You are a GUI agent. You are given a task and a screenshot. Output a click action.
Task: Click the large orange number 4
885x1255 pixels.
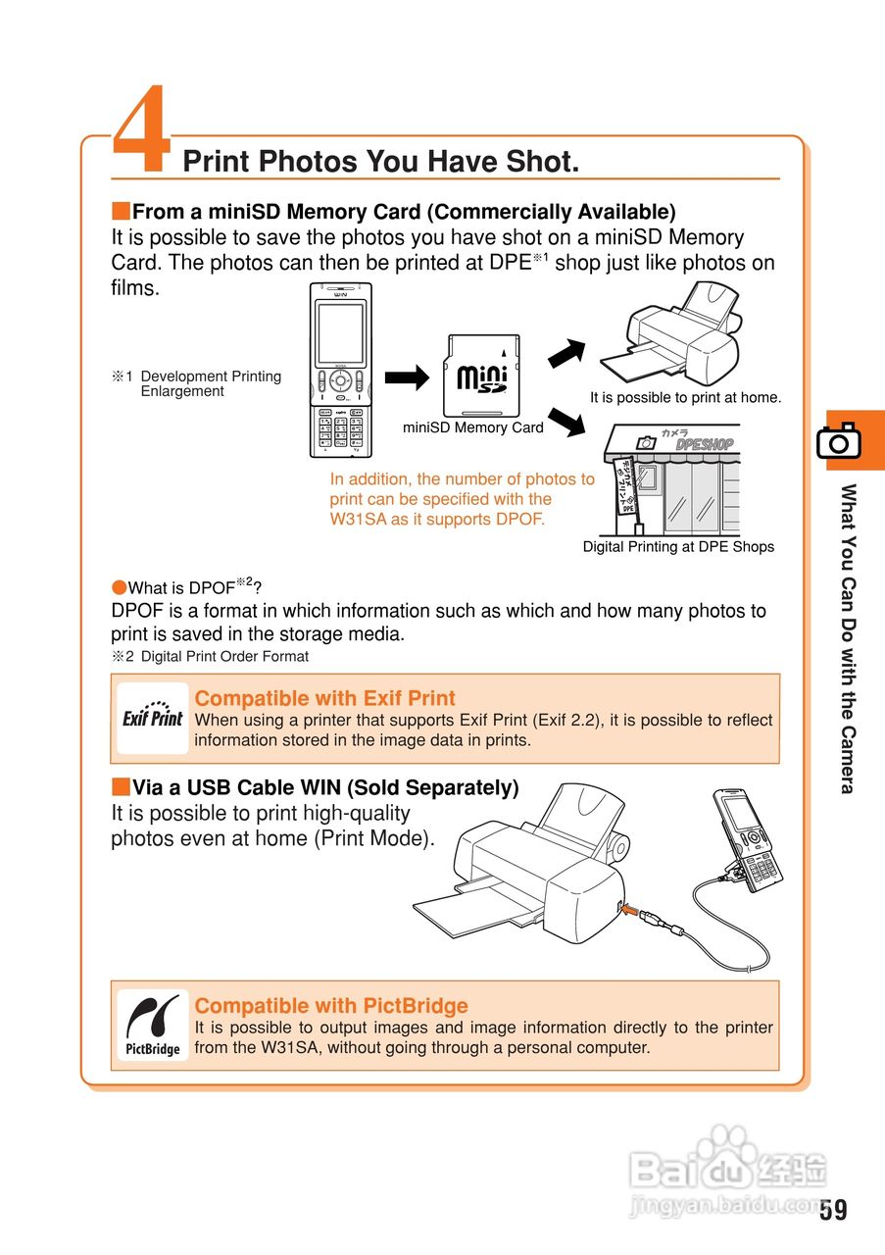pyautogui.click(x=142, y=127)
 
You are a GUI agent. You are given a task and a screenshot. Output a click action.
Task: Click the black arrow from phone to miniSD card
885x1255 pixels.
pyautogui.click(x=407, y=377)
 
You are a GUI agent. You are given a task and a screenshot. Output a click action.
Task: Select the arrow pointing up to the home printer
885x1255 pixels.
pyautogui.click(x=566, y=353)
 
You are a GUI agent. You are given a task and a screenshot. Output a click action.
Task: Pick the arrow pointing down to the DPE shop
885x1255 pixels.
pyautogui.click(x=566, y=422)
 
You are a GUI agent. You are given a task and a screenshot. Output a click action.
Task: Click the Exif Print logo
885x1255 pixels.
pyautogui.click(x=152, y=717)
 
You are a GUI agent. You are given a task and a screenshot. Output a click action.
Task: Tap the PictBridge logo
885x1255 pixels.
pyautogui.click(x=152, y=1025)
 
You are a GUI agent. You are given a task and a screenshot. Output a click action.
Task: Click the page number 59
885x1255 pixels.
pyautogui.click(x=833, y=1209)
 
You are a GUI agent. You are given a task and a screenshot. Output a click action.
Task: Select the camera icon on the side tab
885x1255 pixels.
pyautogui.click(x=839, y=440)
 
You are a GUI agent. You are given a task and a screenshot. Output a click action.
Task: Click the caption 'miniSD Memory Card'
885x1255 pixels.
pyautogui.click(x=473, y=427)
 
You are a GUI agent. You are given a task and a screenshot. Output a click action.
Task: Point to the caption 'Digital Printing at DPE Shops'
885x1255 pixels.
pyautogui.click(x=678, y=547)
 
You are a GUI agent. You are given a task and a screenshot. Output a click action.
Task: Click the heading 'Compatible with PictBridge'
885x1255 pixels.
pyautogui.click(x=331, y=1006)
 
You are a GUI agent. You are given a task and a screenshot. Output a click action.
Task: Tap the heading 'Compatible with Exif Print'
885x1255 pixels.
pyautogui.click(x=324, y=698)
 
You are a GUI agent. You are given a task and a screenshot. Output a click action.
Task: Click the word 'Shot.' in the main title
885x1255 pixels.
pyautogui.click(x=543, y=162)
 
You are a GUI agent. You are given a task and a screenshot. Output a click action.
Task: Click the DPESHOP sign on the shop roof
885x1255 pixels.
pyautogui.click(x=705, y=444)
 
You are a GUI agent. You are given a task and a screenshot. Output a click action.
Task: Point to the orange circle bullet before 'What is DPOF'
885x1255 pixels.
pyautogui.click(x=120, y=587)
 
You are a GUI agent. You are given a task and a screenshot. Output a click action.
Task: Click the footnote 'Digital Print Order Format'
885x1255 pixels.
pyautogui.click(x=224, y=656)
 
